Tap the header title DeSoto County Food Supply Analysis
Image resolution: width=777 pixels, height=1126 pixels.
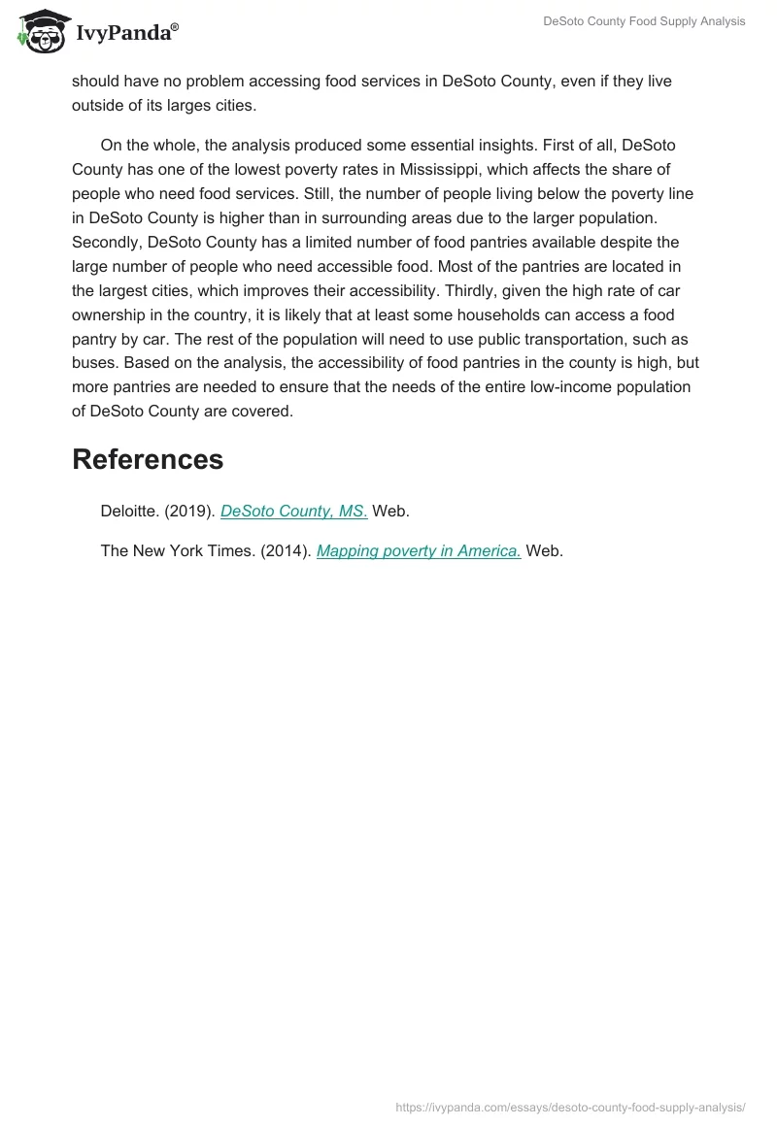[x=644, y=21]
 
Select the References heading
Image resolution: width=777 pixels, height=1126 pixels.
[x=148, y=459]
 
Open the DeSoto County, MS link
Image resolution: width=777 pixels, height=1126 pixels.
[x=293, y=512]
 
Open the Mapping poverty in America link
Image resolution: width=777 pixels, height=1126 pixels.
[x=419, y=550]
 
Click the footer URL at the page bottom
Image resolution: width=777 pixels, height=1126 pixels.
[x=570, y=1107]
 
